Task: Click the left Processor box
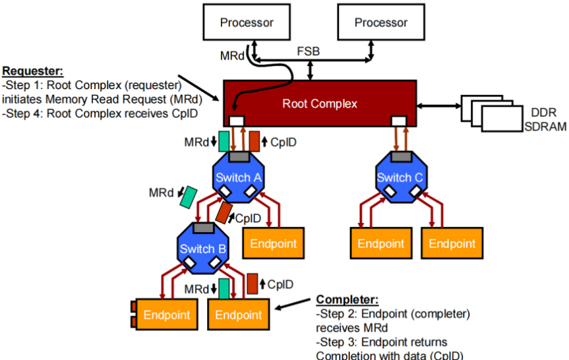247,22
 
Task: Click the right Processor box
381,22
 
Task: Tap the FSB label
309,51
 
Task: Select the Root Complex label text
320,104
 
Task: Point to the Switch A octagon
238,177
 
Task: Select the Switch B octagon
203,248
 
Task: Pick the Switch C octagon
401,177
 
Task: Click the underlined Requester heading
33,71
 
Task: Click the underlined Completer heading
347,299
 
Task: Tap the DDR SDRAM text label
545,119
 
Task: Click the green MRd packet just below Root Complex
224,142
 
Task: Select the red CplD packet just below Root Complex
255,142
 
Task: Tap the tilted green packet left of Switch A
189,197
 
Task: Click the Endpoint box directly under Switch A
273,243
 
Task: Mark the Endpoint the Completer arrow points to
239,315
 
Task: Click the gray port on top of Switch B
204,228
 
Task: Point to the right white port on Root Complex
399,121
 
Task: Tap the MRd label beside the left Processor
232,56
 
